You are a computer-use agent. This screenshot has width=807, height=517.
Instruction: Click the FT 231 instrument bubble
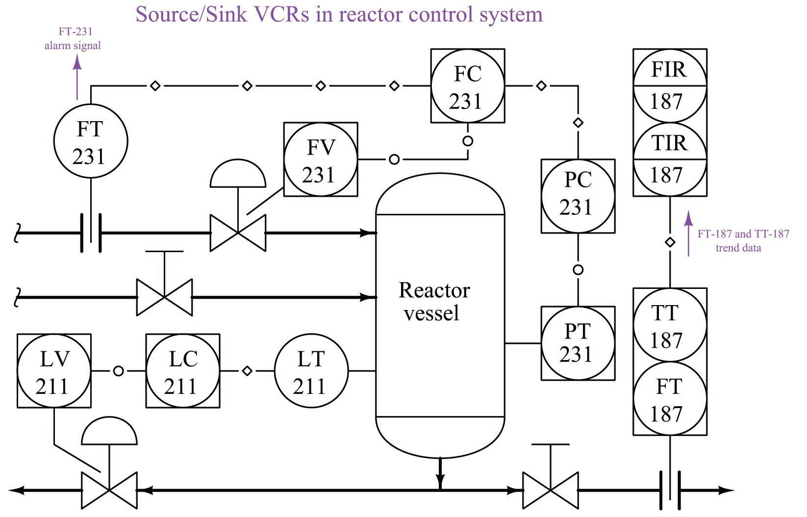90,142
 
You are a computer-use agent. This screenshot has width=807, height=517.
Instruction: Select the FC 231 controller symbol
468,86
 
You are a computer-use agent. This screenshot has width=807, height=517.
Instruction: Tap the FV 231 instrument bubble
321,160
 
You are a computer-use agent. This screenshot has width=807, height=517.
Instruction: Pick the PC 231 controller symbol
578,196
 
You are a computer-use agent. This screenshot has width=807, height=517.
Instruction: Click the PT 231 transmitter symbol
578,343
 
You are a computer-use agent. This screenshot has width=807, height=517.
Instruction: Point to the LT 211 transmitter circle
311,371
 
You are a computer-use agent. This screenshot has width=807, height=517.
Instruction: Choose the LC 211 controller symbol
183,371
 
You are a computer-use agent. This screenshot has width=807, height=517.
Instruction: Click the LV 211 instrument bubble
54,371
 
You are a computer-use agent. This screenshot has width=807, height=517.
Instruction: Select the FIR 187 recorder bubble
670,86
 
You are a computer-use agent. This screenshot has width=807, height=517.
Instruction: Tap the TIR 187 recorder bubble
670,159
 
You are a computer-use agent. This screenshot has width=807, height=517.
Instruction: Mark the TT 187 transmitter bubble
670,325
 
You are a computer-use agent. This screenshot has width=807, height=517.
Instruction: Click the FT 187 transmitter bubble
670,399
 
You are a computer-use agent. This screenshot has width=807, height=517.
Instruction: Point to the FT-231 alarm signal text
73,39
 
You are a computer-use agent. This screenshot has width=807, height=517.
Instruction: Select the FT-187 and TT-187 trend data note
743,240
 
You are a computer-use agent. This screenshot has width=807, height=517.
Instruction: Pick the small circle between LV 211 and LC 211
118,371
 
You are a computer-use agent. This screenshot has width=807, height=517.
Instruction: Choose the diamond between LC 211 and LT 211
247,371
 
